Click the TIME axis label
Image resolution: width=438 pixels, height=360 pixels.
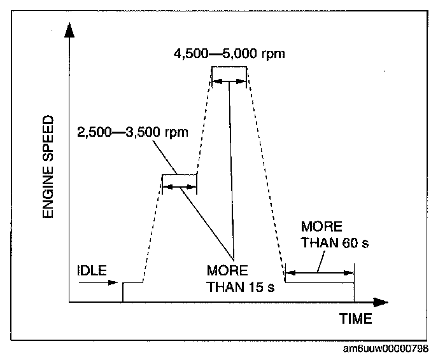coord(355,319)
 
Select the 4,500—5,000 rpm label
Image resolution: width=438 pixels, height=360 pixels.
coord(229,53)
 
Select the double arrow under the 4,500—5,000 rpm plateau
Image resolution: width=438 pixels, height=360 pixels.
coord(229,81)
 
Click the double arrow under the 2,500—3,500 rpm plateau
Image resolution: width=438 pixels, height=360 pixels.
coord(180,187)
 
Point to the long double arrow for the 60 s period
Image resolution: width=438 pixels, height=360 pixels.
coord(319,272)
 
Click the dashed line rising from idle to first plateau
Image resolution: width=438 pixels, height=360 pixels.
coord(153,229)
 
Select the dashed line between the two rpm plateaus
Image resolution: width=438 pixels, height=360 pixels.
coord(204,121)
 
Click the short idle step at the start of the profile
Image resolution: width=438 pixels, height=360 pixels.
coord(132,282)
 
